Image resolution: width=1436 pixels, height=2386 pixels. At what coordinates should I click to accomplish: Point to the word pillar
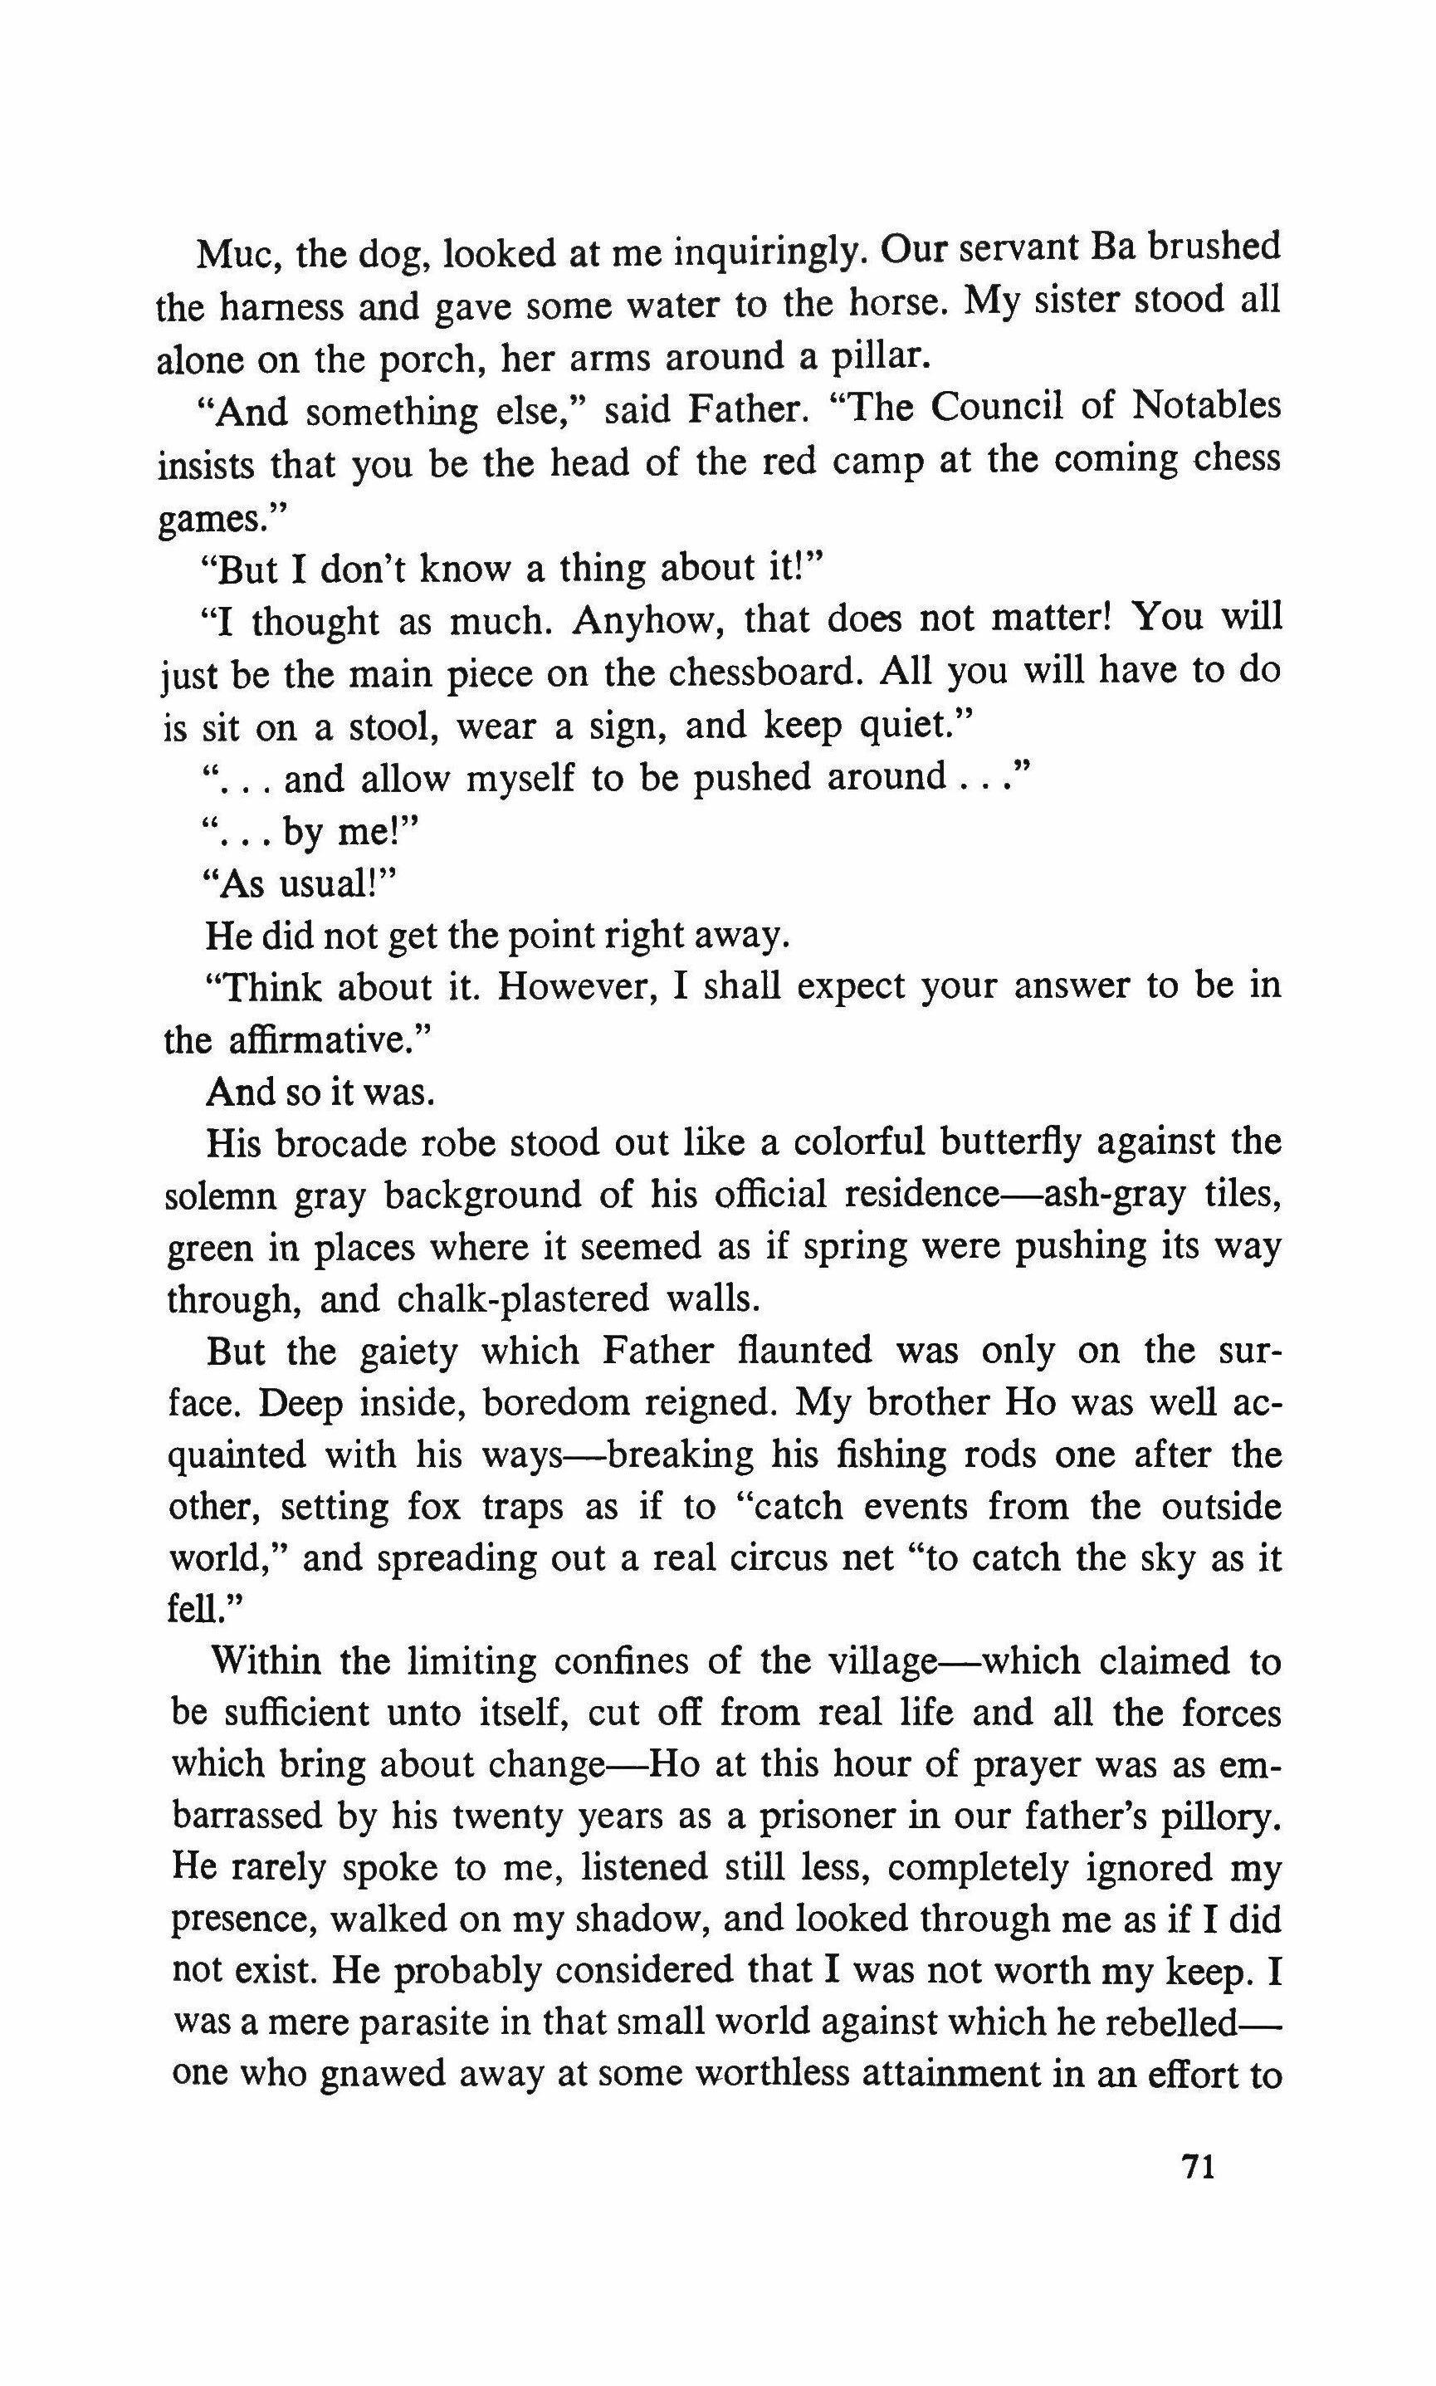[x=880, y=358]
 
